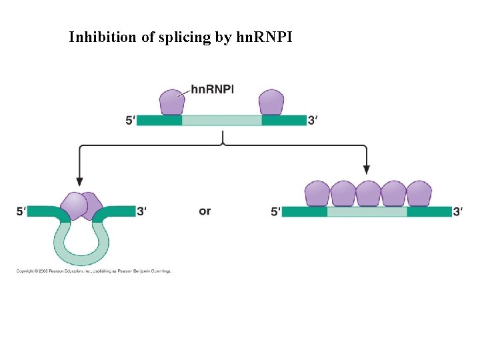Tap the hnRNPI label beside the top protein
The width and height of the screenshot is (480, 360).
click(212, 89)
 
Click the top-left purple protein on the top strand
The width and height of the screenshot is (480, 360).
click(171, 102)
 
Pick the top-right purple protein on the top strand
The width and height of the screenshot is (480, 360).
click(271, 102)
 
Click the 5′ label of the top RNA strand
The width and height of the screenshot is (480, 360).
click(130, 121)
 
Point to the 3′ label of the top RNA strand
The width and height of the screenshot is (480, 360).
click(313, 121)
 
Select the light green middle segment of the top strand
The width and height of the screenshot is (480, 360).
click(221, 121)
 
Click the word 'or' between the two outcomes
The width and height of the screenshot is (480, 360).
click(205, 211)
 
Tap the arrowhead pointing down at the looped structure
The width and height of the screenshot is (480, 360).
click(80, 181)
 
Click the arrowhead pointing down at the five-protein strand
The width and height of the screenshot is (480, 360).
click(367, 171)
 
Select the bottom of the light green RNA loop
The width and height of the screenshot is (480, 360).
click(81, 259)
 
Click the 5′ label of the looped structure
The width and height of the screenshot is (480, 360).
click(22, 211)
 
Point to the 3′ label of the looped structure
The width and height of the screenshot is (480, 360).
click(141, 211)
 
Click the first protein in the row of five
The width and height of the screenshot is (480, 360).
click(317, 193)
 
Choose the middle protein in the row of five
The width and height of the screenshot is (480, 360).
click(368, 193)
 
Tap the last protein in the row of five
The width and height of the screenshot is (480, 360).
click(419, 193)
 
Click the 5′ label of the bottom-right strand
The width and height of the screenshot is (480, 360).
click(276, 211)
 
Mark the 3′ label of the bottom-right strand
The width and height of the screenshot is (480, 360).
click(458, 211)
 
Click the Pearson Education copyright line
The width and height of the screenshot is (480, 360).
click(94, 271)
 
